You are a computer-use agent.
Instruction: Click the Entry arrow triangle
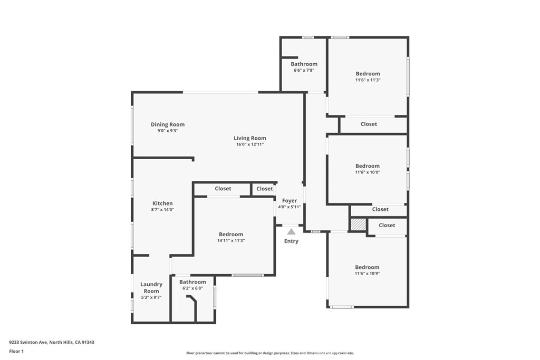pyautogui.click(x=291, y=231)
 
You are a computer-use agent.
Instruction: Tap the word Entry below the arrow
pyautogui.click(x=291, y=241)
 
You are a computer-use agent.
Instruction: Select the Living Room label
pyautogui.click(x=249, y=138)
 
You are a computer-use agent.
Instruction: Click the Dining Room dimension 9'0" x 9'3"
pyautogui.click(x=167, y=131)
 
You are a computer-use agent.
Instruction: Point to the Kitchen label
pyautogui.click(x=162, y=203)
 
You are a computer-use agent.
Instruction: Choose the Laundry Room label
pyautogui.click(x=151, y=288)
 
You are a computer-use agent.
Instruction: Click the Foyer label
pyautogui.click(x=290, y=201)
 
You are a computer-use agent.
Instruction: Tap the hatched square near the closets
pyautogui.click(x=358, y=225)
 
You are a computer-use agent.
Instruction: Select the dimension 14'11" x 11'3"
pyautogui.click(x=231, y=240)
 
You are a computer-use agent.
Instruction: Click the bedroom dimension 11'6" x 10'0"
pyautogui.click(x=368, y=172)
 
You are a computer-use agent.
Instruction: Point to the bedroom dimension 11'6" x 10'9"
pyautogui.click(x=367, y=273)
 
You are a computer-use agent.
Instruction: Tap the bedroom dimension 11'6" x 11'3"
pyautogui.click(x=368, y=80)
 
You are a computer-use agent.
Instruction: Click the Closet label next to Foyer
pyautogui.click(x=265, y=189)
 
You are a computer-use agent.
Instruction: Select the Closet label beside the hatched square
pyautogui.click(x=387, y=225)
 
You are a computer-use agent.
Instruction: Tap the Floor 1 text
pyautogui.click(x=16, y=351)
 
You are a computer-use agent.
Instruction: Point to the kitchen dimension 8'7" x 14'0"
pyautogui.click(x=162, y=209)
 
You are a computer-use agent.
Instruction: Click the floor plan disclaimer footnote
pyautogui.click(x=269, y=353)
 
